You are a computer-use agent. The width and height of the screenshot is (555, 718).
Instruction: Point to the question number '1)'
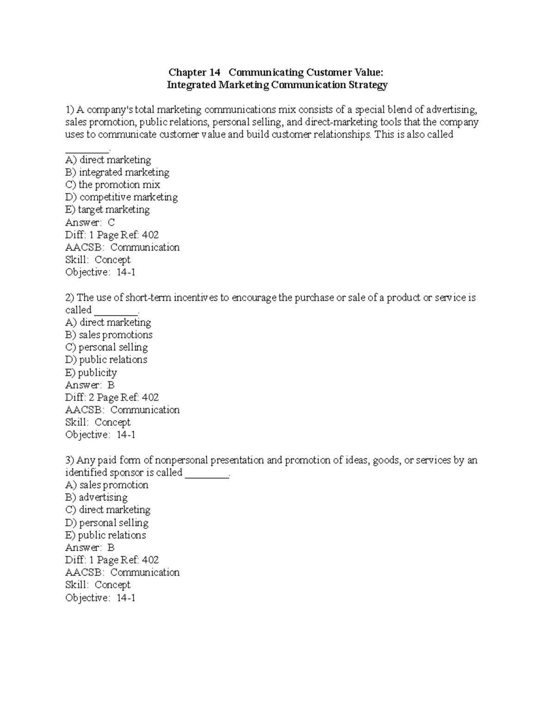pyautogui.click(x=69, y=110)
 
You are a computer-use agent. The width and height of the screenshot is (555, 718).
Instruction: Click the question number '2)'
pyautogui.click(x=69, y=298)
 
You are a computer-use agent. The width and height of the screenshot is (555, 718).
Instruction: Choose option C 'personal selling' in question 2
pyautogui.click(x=106, y=347)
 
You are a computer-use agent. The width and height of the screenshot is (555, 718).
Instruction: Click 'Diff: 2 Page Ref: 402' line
pyautogui.click(x=112, y=398)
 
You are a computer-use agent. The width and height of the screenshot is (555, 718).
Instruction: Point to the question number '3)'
pyautogui.click(x=69, y=460)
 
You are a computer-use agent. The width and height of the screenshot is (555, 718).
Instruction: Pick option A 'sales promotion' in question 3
pyautogui.click(x=107, y=485)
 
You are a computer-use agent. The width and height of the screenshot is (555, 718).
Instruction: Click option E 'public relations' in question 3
pyautogui.click(x=105, y=535)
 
